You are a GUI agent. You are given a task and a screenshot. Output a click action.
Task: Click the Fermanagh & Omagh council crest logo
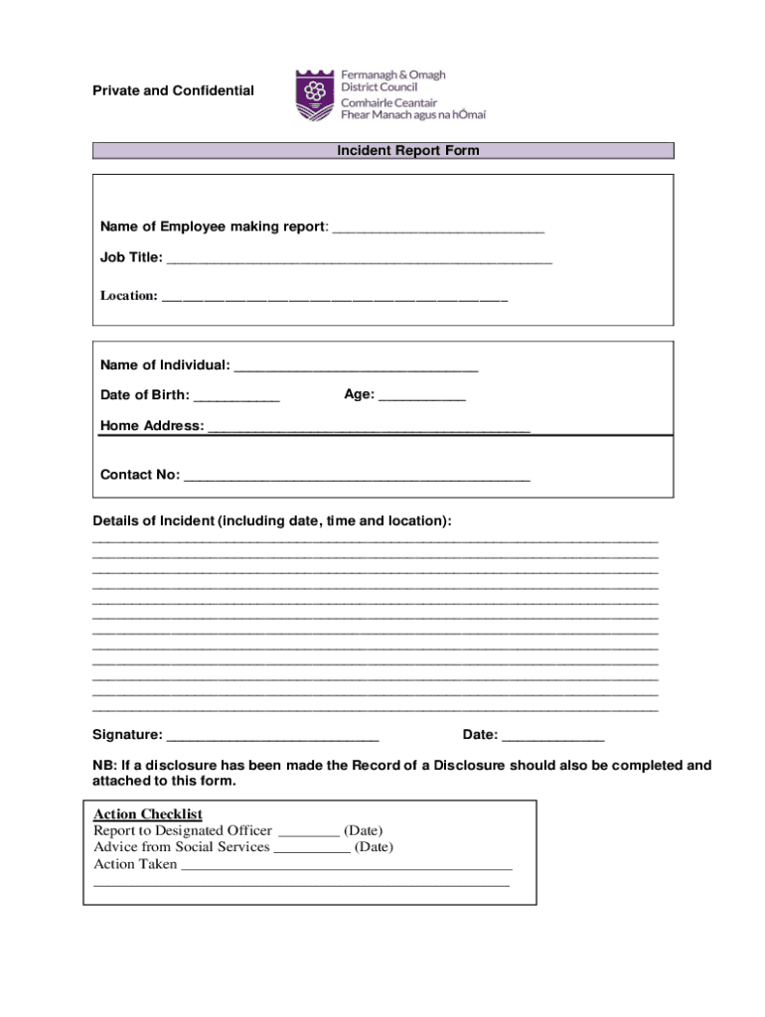(315, 95)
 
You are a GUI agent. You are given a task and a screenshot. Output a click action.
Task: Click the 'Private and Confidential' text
(173, 91)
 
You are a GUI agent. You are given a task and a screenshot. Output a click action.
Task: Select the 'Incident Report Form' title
(407, 151)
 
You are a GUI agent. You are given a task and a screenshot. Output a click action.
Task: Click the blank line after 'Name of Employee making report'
(438, 228)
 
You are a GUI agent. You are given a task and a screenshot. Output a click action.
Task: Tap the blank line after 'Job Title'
(359, 259)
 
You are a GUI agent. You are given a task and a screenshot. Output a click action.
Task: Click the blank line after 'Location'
(334, 297)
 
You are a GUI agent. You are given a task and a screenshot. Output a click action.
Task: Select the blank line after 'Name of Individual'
(356, 366)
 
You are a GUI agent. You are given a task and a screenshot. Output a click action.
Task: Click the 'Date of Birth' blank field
(236, 396)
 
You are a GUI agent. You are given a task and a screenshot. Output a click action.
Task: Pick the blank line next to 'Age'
(421, 395)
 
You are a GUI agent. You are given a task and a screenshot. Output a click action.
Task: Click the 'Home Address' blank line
(369, 428)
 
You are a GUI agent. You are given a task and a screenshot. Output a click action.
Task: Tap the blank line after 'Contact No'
(357, 476)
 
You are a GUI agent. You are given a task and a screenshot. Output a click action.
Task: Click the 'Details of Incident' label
(271, 521)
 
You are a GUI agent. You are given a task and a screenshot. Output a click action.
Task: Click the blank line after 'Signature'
(272, 737)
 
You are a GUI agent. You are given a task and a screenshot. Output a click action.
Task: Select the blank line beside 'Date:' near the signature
(552, 737)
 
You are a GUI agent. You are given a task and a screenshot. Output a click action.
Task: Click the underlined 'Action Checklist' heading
(148, 814)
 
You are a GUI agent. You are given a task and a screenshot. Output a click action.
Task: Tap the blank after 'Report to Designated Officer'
(309, 831)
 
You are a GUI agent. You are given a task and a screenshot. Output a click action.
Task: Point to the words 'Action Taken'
(135, 864)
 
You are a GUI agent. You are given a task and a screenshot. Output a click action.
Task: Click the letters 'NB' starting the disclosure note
(102, 766)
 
